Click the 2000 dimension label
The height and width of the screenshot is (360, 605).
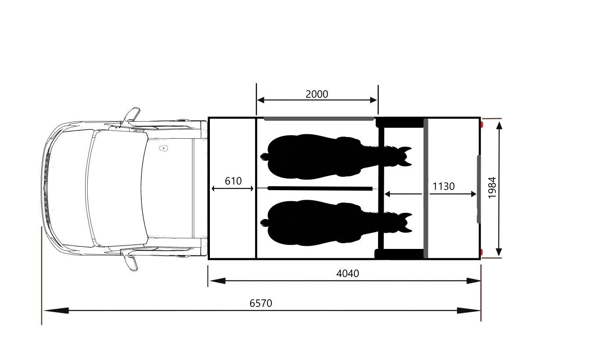click(317, 94)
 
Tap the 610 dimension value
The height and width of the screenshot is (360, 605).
click(233, 181)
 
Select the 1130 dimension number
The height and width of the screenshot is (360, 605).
click(443, 186)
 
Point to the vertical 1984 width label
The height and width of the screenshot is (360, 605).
click(492, 188)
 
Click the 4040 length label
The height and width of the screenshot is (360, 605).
click(348, 274)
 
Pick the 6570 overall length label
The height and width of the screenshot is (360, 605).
click(261, 303)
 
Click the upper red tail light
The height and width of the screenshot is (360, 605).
click(482, 125)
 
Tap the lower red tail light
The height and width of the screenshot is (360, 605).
click(482, 252)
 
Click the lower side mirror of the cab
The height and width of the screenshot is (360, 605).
click(130, 260)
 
